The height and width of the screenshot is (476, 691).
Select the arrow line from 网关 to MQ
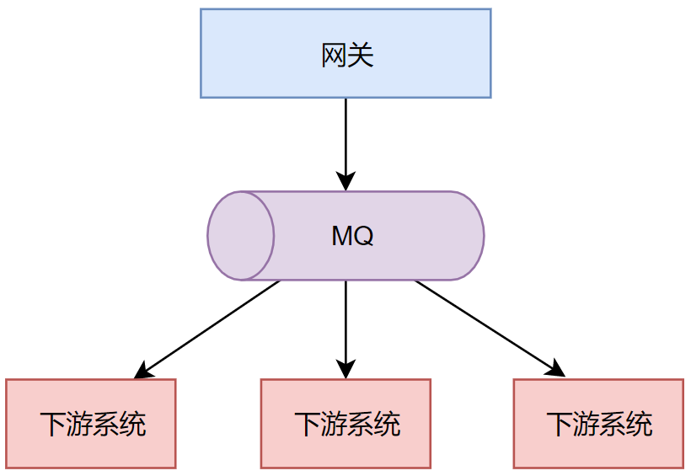[x=345, y=135]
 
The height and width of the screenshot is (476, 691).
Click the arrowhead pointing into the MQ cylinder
[x=345, y=181]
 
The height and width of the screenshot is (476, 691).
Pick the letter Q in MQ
[x=363, y=236]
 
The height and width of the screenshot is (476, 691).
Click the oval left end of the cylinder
[x=241, y=236]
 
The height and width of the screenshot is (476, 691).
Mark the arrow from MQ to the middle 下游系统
[x=345, y=324]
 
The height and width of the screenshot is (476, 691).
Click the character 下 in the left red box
[x=52, y=424]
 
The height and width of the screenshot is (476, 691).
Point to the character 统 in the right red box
[x=640, y=424]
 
